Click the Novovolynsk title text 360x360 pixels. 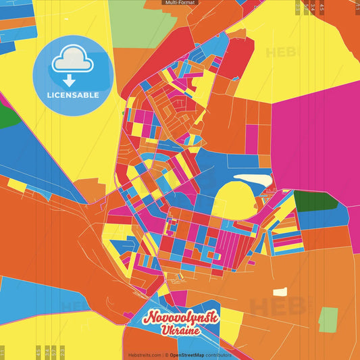tap(181, 317)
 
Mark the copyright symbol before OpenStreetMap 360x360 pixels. tap(167, 355)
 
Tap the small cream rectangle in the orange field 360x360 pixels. tap(280, 292)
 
